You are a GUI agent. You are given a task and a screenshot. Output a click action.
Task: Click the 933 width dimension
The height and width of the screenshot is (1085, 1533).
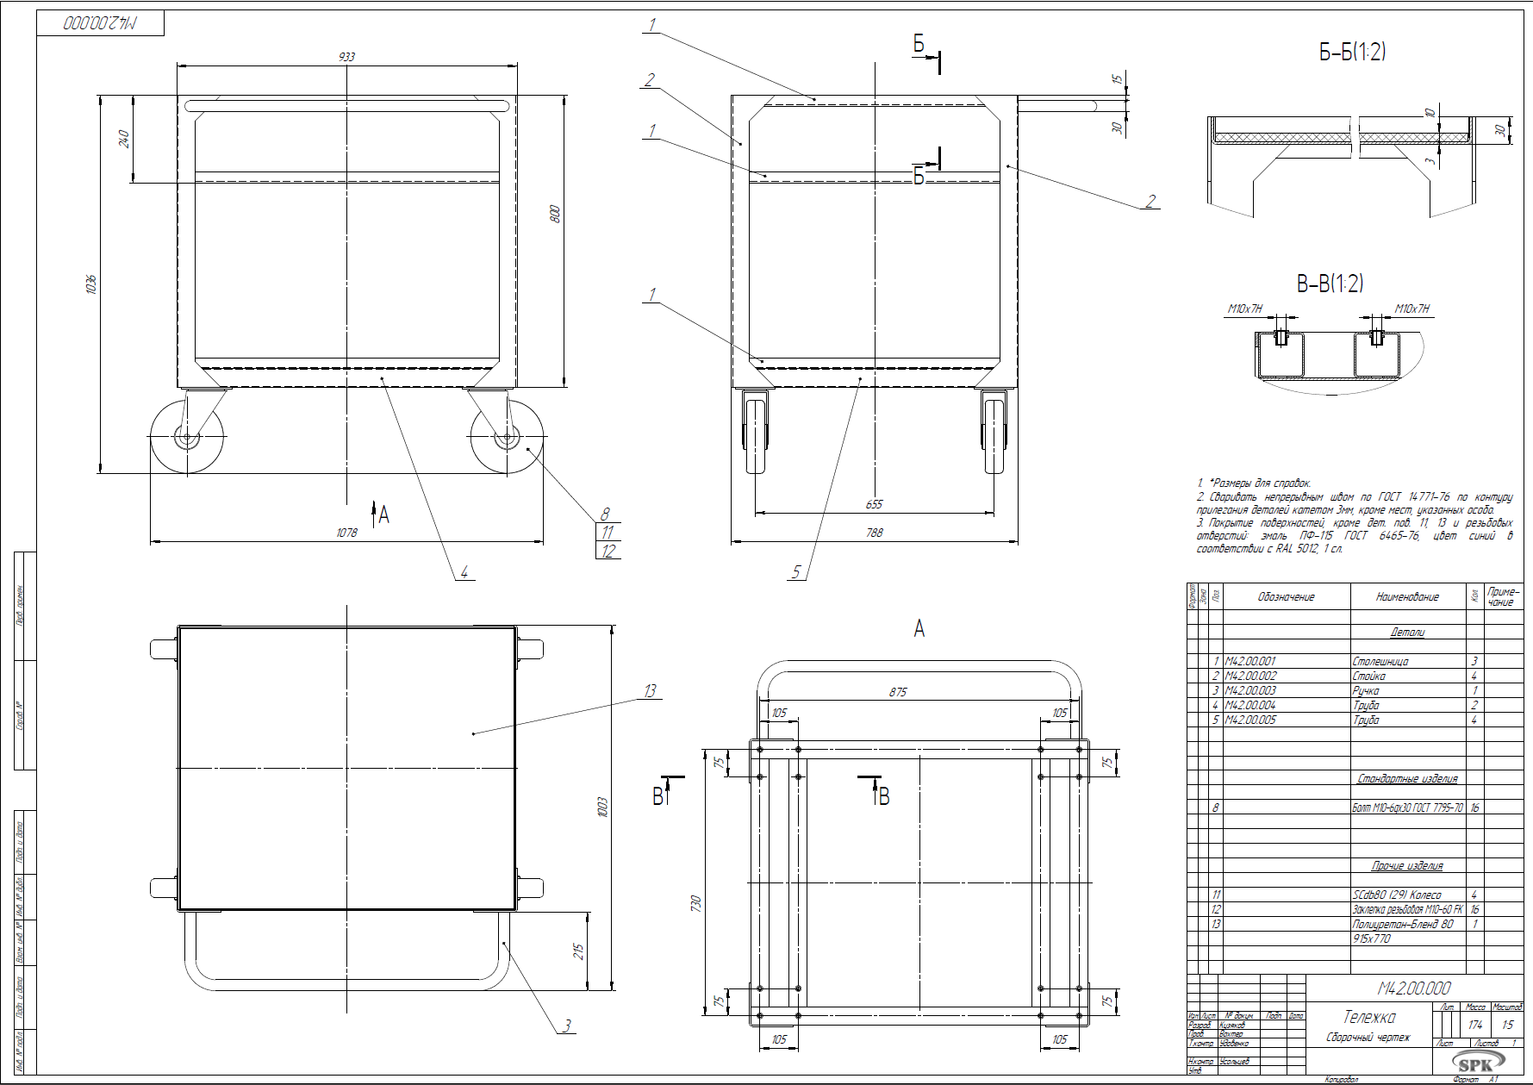346,57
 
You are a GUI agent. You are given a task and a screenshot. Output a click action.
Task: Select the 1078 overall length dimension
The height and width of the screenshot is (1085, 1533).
346,533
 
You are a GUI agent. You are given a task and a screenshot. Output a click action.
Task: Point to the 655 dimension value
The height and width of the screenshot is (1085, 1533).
874,504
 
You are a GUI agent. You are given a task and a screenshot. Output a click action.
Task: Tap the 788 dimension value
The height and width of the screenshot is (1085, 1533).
874,533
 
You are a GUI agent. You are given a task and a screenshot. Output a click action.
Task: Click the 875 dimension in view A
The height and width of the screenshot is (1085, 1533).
898,692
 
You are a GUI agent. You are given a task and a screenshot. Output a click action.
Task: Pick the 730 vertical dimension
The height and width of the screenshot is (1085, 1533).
696,903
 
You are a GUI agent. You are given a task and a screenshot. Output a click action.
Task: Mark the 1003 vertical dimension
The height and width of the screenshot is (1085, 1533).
602,807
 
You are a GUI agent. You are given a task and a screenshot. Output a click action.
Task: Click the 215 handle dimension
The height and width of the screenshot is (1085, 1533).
579,951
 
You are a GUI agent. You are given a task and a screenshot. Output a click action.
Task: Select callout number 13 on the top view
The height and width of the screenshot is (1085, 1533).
650,690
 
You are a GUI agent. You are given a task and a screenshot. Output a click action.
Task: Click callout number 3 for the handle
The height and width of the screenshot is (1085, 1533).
567,1026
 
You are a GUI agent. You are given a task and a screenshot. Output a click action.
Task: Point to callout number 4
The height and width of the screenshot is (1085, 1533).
464,571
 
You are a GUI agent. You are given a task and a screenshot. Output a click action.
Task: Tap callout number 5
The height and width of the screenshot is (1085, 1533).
796,571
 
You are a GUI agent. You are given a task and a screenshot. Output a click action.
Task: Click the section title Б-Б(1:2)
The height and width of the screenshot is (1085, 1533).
1352,53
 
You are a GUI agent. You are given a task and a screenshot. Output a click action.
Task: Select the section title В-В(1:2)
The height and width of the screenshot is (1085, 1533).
1330,284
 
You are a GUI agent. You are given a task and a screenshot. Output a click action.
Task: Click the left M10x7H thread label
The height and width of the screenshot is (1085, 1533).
1244,309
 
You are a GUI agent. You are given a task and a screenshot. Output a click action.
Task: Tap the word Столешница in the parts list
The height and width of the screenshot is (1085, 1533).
1380,661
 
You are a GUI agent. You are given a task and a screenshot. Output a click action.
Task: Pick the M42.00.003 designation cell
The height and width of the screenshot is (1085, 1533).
1250,690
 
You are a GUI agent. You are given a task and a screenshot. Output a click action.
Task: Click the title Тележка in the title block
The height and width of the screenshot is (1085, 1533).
1369,1018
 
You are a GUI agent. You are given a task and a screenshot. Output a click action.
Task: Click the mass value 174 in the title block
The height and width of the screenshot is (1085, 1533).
1475,1025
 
